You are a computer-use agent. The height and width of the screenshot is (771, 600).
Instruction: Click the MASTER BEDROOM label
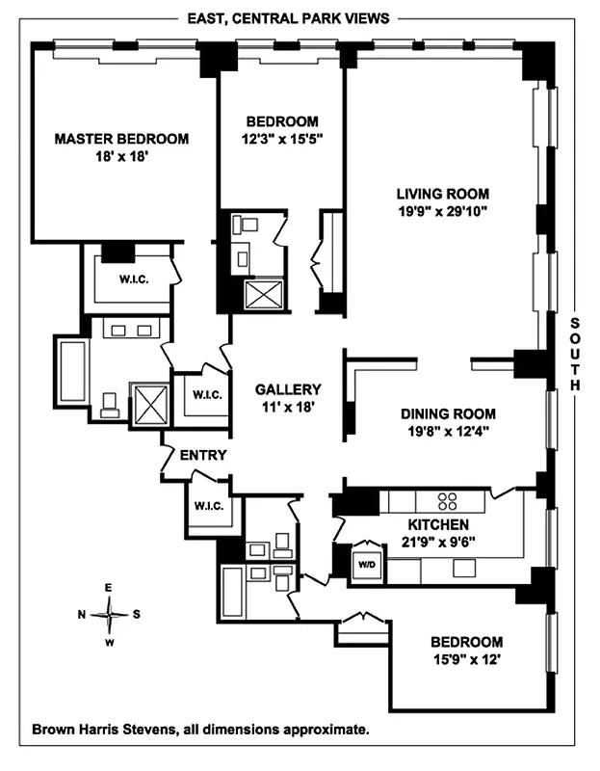tap(121, 139)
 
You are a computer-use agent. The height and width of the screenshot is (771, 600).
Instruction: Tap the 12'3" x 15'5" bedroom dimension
tap(282, 139)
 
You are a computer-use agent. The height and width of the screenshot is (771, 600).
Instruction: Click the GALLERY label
tap(287, 389)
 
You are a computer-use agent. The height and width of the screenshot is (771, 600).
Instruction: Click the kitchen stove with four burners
tap(448, 500)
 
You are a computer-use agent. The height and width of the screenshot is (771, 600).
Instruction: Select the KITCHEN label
tap(437, 524)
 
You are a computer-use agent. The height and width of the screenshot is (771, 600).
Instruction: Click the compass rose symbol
tap(110, 613)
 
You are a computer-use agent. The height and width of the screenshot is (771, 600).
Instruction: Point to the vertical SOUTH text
tap(577, 355)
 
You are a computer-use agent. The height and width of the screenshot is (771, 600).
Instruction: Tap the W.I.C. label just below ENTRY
tap(209, 505)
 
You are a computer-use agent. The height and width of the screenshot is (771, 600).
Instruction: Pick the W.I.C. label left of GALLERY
tap(206, 394)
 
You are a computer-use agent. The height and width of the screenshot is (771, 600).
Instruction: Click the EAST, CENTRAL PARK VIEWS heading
tap(288, 18)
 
